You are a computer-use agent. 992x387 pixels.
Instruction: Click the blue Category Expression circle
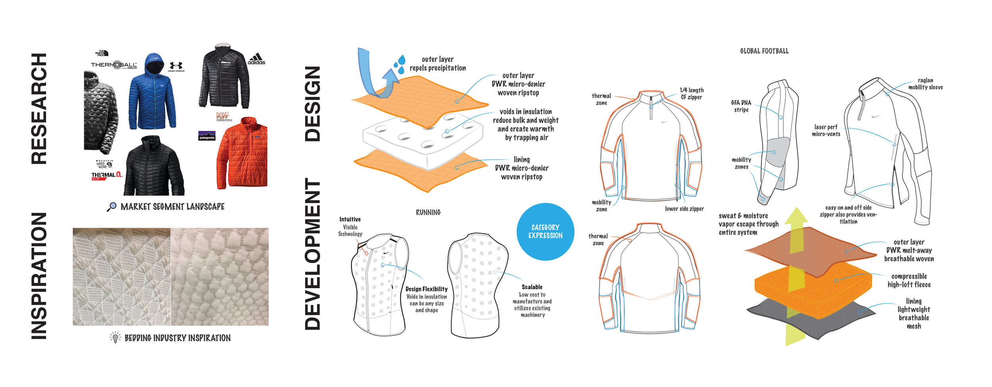[x=545, y=232]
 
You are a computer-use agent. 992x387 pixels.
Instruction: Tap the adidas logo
[x=256, y=60]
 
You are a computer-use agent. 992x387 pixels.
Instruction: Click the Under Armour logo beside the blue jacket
[x=176, y=66]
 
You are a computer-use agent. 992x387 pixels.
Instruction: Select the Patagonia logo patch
[x=207, y=136]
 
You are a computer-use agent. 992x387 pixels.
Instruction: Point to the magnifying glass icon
[x=112, y=206]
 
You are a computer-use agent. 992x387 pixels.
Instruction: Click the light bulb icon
[x=115, y=337]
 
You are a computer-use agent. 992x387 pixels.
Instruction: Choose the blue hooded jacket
[x=152, y=93]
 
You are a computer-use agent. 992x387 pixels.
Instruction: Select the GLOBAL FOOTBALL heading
[x=764, y=51]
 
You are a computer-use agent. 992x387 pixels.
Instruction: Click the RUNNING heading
[x=428, y=213]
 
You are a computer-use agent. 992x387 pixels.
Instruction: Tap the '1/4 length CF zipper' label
[x=692, y=94]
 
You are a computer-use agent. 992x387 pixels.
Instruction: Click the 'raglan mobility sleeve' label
[x=925, y=84]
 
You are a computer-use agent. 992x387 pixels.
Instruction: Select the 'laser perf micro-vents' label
[x=826, y=131]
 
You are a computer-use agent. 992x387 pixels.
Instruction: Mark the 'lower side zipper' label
[x=684, y=209]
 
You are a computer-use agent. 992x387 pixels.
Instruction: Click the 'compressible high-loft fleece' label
[x=909, y=280]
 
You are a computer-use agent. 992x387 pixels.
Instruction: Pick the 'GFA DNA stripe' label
[x=741, y=106]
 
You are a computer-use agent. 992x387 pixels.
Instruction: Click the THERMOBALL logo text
[x=113, y=65]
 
